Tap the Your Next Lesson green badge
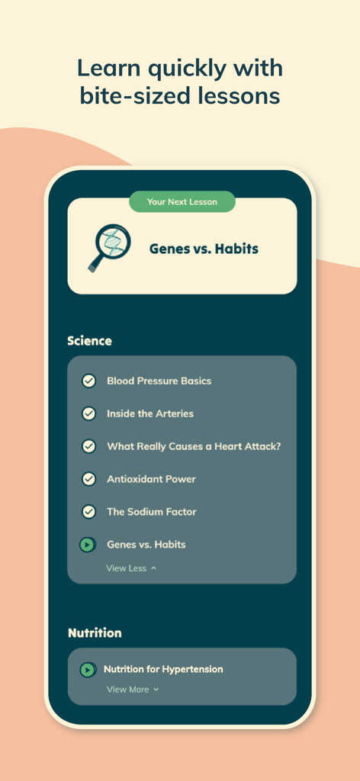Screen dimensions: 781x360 (x=182, y=202)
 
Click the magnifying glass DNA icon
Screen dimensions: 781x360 (x=104, y=247)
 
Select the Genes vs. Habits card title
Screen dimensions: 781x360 (x=204, y=249)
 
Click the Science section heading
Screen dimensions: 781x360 (x=89, y=341)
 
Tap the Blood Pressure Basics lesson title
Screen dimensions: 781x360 (x=159, y=381)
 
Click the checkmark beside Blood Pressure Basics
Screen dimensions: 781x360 (x=88, y=381)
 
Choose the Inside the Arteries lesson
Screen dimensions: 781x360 (x=149, y=413)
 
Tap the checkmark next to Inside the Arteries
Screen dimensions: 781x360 (x=88, y=413)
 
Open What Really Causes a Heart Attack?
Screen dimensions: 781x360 (x=194, y=446)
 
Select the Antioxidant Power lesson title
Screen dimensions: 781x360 (x=151, y=479)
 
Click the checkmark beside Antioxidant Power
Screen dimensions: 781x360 (x=88, y=479)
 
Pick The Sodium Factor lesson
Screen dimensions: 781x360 (x=151, y=512)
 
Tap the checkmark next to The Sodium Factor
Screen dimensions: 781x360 (x=88, y=512)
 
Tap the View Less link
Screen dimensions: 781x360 (x=131, y=568)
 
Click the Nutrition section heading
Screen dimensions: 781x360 (x=95, y=633)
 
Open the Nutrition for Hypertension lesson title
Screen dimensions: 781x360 (x=163, y=670)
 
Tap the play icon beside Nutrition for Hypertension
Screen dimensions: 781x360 (x=88, y=670)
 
